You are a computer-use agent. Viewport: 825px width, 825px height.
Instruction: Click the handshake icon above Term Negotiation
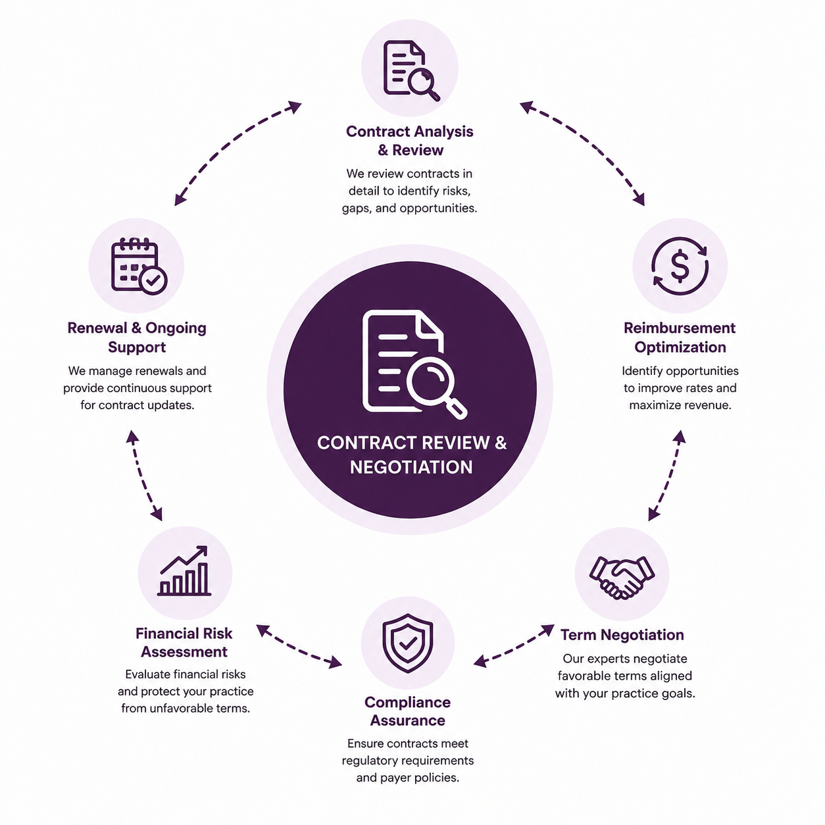coord(622,576)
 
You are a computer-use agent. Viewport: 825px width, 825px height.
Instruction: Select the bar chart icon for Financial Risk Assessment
coord(184,570)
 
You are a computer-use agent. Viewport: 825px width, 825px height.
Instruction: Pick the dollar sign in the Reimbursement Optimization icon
coord(680,266)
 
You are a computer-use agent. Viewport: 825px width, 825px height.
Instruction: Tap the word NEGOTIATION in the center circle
coord(411,467)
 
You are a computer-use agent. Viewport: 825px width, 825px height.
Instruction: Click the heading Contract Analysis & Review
coord(410,140)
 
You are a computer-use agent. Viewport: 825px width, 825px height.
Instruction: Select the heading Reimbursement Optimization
coord(680,337)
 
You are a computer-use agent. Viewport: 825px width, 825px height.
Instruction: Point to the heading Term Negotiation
coord(622,634)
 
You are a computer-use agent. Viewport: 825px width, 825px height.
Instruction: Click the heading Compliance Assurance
coord(408,711)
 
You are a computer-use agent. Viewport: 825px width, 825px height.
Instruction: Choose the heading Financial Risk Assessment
coord(184,642)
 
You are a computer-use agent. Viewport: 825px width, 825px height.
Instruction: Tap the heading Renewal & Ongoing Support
coord(137,337)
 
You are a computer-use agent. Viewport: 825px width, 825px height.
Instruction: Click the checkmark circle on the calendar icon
coord(153,281)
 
